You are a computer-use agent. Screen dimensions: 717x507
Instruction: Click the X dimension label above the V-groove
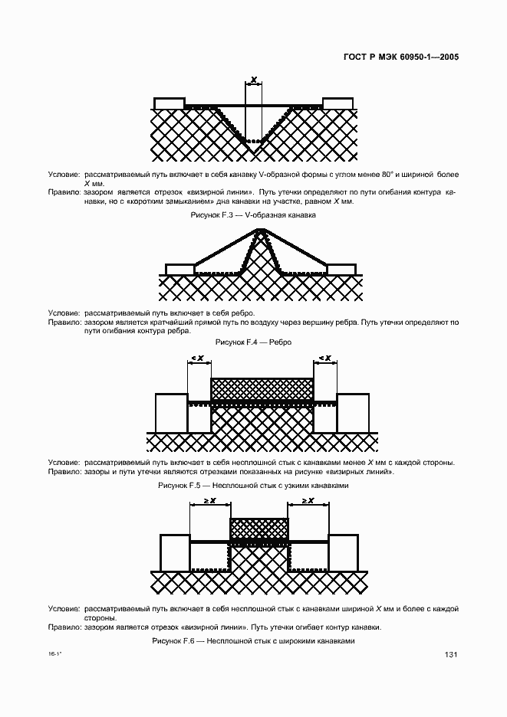253,79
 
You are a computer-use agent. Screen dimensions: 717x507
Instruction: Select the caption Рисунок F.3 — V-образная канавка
253,215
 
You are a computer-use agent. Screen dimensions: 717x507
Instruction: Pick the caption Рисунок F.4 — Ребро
253,342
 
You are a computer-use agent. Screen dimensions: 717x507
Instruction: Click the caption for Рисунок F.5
253,486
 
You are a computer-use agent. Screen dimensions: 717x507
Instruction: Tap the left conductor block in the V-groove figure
169,103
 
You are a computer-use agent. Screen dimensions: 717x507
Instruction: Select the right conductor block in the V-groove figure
337,103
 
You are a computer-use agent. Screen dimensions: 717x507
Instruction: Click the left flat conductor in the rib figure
179,270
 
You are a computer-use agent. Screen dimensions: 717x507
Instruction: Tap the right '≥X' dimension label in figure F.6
308,500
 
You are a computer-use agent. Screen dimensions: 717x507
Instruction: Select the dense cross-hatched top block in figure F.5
262,388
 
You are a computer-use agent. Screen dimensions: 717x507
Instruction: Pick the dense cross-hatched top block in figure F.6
260,529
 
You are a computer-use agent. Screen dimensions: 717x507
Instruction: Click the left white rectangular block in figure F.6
174,552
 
